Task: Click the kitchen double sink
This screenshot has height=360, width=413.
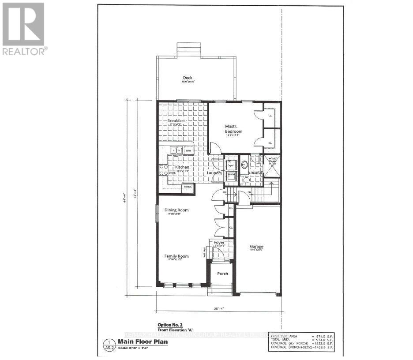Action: tap(177, 150)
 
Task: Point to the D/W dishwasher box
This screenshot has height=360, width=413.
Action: tap(188, 150)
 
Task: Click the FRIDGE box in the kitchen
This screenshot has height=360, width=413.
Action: tap(187, 187)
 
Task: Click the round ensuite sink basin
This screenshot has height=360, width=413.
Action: tap(244, 165)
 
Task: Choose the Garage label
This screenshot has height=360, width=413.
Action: tap(257, 246)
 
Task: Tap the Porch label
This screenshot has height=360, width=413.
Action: tap(223, 274)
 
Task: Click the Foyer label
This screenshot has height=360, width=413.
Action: tap(220, 242)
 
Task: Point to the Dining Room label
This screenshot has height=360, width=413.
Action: tap(176, 210)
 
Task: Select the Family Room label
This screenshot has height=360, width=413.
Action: tap(176, 256)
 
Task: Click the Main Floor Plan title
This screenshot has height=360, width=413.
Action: tap(137, 341)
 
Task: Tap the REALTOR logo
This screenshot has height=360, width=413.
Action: tap(23, 29)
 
